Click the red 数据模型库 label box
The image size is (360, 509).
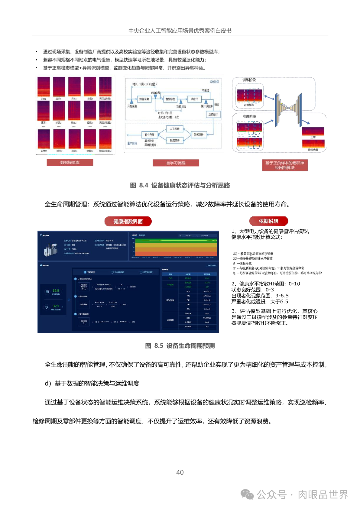(70, 162)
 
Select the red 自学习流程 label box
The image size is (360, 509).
(176, 163)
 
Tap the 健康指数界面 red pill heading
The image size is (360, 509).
(128, 221)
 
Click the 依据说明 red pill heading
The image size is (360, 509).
(269, 221)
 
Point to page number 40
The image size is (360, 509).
(180, 472)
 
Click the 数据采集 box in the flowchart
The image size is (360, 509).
(144, 99)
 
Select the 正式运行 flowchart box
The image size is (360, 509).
(213, 114)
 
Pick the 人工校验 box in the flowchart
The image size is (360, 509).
(174, 129)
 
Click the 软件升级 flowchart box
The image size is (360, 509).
(150, 135)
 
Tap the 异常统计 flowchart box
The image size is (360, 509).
(199, 134)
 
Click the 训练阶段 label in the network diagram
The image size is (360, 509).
(249, 80)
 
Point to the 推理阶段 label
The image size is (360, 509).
(249, 117)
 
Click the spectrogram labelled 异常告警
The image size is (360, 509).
(313, 144)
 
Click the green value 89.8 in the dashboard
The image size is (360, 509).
(55, 290)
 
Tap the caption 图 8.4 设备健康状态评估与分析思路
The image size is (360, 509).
(180, 185)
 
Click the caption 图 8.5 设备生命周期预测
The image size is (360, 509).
(180, 346)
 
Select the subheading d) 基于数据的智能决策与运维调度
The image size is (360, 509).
(92, 383)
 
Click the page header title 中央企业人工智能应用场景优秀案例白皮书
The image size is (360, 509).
(180, 31)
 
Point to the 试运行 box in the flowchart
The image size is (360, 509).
(194, 99)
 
